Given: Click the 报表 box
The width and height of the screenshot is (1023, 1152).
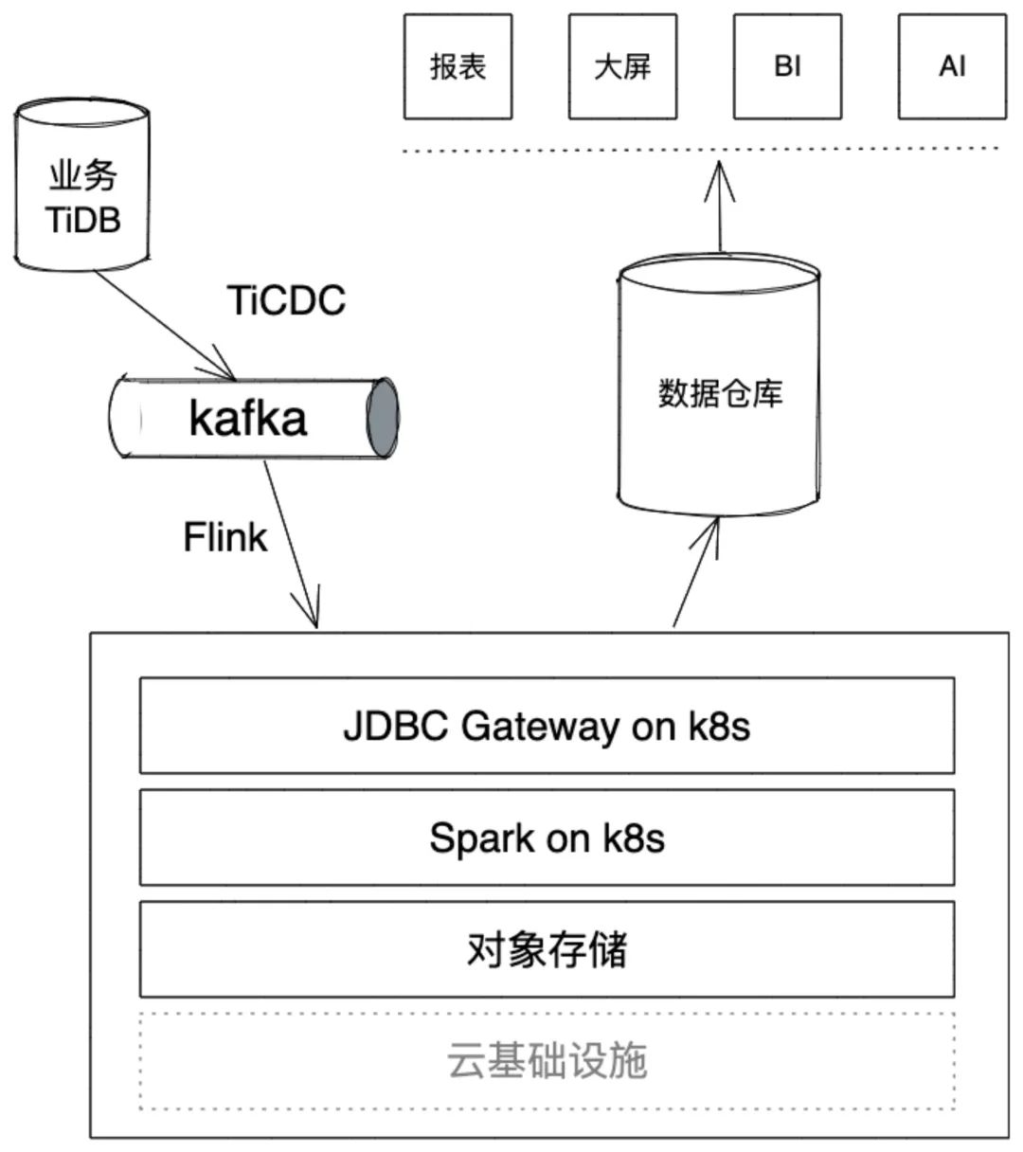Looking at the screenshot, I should tap(458, 66).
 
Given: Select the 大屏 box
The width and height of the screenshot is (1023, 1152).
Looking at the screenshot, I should tap(622, 66).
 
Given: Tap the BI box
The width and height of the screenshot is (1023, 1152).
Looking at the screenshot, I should tap(787, 66).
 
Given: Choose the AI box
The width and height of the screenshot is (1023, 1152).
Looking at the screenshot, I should tap(952, 66).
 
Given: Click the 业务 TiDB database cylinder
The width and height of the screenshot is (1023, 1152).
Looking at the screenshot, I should tap(82, 189).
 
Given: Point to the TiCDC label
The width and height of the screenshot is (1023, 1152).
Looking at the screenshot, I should tap(286, 300).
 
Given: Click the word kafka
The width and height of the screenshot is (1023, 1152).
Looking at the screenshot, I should tap(248, 419).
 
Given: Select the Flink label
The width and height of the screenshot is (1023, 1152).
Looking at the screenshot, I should tap(224, 537).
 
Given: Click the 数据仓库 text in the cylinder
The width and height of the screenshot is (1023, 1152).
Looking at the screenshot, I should tap(720, 393).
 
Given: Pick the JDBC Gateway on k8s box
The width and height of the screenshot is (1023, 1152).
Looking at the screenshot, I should tap(547, 726).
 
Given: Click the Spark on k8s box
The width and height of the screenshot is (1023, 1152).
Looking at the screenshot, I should tap(547, 837).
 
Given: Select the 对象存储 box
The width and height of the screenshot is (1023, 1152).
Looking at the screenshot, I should tap(547, 949).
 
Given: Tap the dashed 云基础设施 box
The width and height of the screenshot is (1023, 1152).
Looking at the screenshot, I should tap(547, 1061).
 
